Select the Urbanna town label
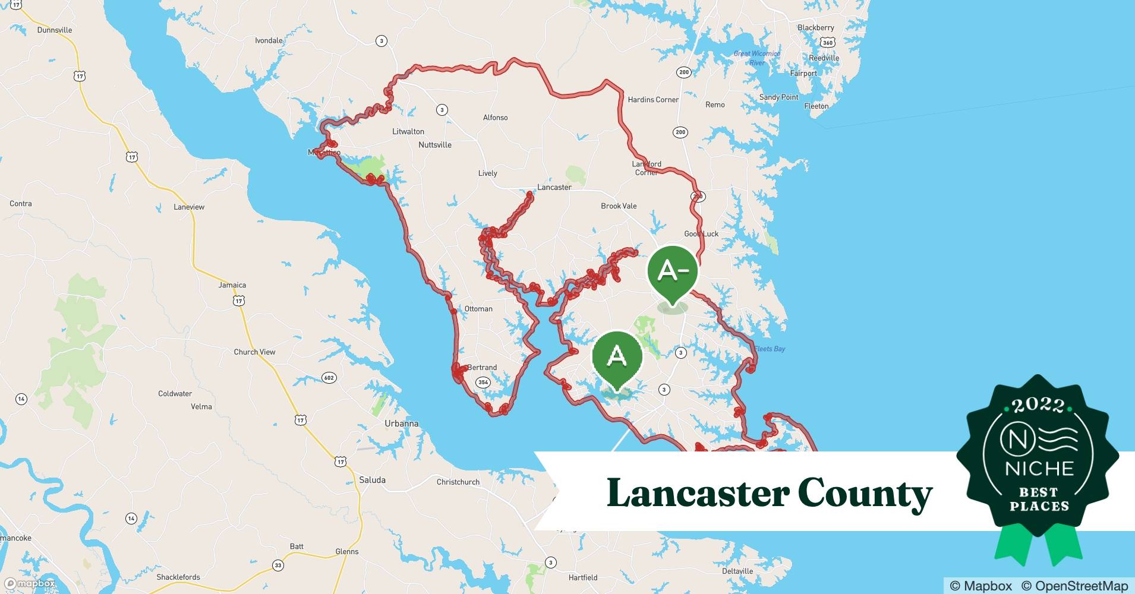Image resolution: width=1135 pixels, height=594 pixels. [401, 424]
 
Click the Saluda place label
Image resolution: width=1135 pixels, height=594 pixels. [373, 480]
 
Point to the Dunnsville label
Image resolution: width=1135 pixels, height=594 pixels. [55, 30]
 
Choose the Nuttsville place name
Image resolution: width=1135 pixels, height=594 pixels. [435, 145]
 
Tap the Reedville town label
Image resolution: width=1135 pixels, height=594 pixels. [824, 58]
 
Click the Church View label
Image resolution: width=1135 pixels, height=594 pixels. [254, 352]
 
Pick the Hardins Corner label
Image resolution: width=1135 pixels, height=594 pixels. [653, 100]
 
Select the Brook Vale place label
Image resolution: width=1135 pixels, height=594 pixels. [619, 206]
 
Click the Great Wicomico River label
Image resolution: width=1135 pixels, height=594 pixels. [757, 58]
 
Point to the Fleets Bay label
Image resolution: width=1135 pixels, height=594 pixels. [770, 349]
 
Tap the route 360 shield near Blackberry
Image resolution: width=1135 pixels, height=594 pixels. [828, 43]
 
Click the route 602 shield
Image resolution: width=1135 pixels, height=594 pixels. [329, 378]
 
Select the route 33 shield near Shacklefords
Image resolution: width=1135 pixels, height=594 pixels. [278, 565]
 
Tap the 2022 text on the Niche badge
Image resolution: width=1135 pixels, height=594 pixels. [1038, 405]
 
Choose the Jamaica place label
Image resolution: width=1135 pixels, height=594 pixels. [232, 285]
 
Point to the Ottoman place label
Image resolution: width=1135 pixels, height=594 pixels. [478, 309]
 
